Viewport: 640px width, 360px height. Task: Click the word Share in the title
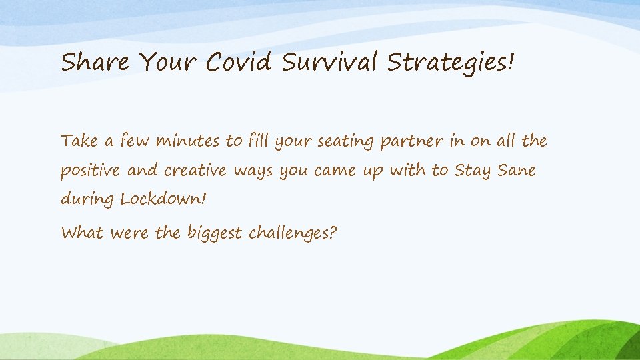coord(95,63)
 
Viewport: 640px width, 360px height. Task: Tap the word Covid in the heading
coord(239,63)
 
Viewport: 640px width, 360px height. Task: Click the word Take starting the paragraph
coord(79,141)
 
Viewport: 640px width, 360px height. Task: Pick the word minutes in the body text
coord(189,141)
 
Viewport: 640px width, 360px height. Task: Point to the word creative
coord(197,171)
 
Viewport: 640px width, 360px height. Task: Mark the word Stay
coord(472,171)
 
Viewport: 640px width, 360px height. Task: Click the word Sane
coord(515,171)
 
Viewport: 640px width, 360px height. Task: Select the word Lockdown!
coord(159,199)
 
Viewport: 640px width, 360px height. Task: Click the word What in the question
coord(82,233)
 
